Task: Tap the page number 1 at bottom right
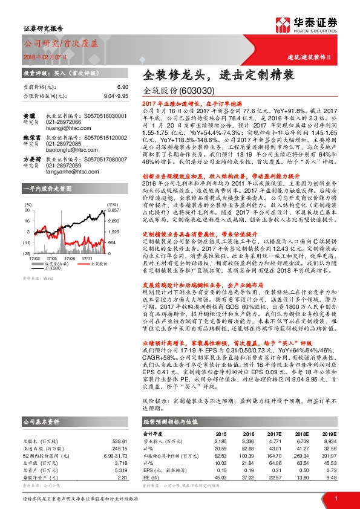point(335,498)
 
